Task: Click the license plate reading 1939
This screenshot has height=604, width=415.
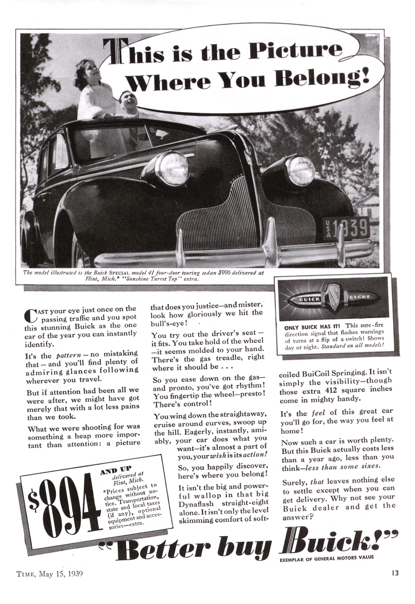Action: tap(345, 227)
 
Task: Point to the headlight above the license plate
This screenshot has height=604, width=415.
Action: tap(301, 170)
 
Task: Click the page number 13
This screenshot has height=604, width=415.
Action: tap(395, 573)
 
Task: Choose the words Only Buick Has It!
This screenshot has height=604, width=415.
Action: tap(310, 325)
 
